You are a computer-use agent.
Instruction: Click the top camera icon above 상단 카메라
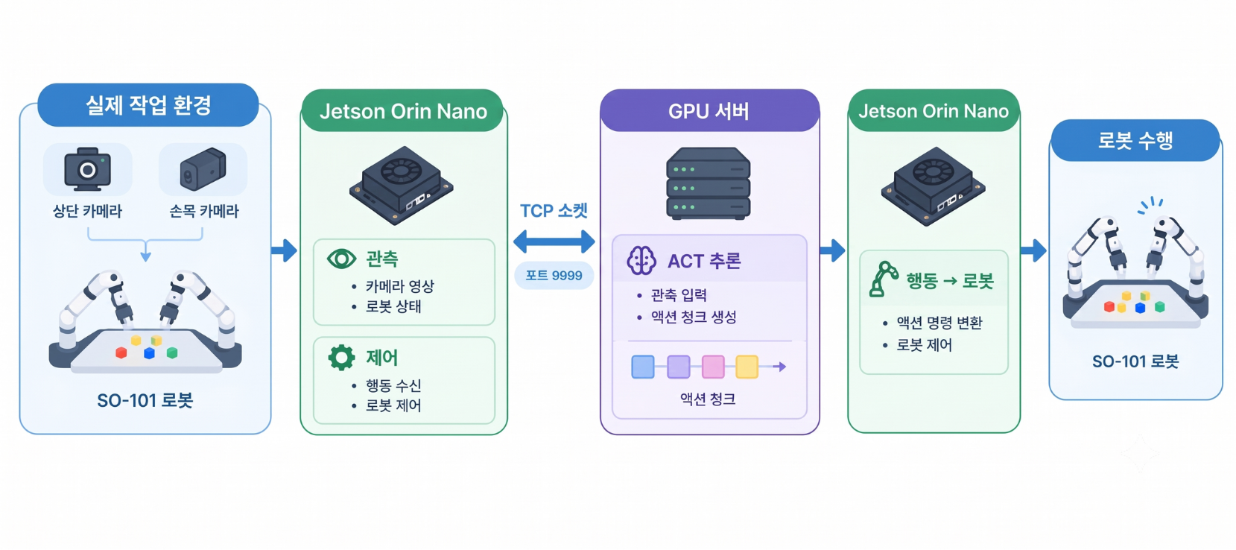[x=87, y=169]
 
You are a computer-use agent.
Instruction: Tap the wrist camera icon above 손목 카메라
[x=203, y=168]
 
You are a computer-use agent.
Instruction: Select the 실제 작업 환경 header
[x=148, y=105]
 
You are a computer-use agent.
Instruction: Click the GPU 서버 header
[x=709, y=110]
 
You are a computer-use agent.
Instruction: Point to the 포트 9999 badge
[x=554, y=275]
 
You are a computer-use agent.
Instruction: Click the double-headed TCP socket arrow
[x=554, y=241]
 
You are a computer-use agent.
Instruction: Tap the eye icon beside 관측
[x=341, y=259]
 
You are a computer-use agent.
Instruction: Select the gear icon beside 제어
[x=341, y=357]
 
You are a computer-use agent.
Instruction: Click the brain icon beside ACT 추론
[x=641, y=260]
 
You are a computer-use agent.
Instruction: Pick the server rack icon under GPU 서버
[x=709, y=183]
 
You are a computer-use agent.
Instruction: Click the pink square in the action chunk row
[x=713, y=367]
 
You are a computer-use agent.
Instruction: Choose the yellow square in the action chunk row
[x=747, y=367]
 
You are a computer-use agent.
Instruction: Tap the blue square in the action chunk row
[x=643, y=367]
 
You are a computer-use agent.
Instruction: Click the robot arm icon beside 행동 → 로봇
[x=883, y=279]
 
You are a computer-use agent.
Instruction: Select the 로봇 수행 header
[x=1135, y=140]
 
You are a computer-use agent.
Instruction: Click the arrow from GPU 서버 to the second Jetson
[x=832, y=250]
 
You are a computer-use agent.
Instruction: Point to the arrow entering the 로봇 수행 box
[x=1033, y=250]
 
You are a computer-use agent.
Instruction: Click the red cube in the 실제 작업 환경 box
[x=121, y=353]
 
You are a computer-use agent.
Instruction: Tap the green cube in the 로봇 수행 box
[x=1160, y=306]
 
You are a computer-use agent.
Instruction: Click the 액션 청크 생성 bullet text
[x=694, y=317]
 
